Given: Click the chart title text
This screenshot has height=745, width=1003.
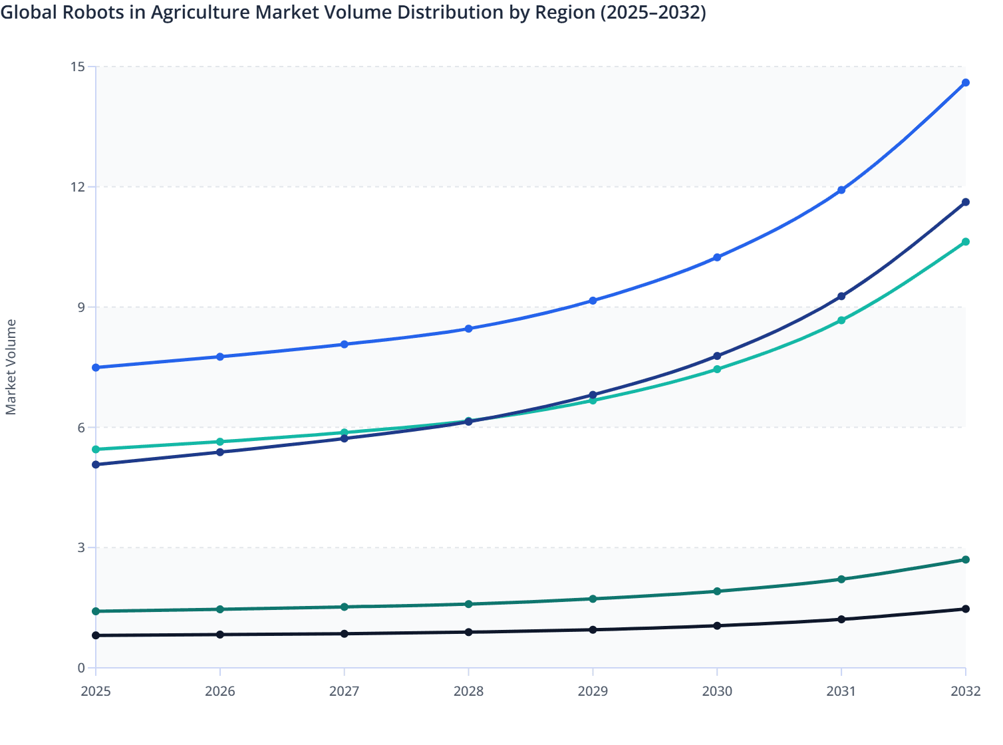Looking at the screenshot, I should [x=353, y=13].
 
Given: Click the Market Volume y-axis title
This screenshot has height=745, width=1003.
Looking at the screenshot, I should [x=11, y=367].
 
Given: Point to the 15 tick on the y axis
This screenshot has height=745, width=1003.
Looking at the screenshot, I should [x=78, y=67].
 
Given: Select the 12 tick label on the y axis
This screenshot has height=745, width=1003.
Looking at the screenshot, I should [x=78, y=187].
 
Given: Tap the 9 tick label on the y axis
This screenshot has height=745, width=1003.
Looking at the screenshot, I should [x=81, y=307].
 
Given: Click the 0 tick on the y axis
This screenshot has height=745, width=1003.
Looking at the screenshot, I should [x=81, y=668].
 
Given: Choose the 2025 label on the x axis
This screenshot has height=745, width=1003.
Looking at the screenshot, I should [x=96, y=691].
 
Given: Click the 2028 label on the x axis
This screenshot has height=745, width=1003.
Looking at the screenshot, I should [x=468, y=691].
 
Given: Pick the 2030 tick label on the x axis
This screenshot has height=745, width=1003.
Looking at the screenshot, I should [x=717, y=691].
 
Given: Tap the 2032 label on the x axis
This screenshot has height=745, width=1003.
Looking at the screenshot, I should [x=966, y=691].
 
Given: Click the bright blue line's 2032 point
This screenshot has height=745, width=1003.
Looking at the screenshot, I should [x=966, y=82].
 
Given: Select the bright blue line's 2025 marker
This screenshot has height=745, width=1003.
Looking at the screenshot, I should [x=96, y=367].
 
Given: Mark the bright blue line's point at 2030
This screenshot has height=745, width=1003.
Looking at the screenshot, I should [x=717, y=257].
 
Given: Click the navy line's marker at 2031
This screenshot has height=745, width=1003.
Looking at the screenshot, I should [x=841, y=296].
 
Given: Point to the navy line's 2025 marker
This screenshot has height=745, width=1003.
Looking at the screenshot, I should [x=96, y=464].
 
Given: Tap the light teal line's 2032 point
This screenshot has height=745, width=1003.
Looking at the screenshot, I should [x=966, y=241].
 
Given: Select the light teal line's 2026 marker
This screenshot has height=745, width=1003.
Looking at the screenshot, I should [x=220, y=442].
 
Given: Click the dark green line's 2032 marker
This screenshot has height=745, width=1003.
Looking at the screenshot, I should [x=966, y=559].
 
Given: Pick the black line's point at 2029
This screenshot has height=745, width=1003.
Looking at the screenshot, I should [x=593, y=629].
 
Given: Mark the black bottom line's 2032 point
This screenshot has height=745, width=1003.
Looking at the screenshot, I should [x=966, y=609].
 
